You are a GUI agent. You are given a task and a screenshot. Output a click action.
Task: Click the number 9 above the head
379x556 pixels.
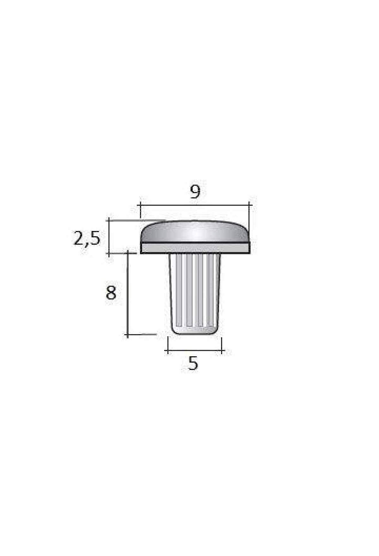tap(195, 191)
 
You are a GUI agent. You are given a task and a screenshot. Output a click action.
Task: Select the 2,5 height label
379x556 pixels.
tap(87, 238)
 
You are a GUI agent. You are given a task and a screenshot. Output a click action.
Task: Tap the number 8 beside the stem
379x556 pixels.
tap(111, 293)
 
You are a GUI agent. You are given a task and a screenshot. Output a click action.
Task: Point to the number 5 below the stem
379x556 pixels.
tap(193, 363)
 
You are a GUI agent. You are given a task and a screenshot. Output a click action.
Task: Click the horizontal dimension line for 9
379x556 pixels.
tap(195, 205)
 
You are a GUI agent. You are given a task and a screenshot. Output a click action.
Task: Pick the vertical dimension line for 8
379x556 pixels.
tap(128, 294)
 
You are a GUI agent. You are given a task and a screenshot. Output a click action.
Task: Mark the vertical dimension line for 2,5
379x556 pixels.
tap(109, 237)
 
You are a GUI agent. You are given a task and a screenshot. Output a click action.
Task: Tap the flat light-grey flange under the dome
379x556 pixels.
tap(195, 248)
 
